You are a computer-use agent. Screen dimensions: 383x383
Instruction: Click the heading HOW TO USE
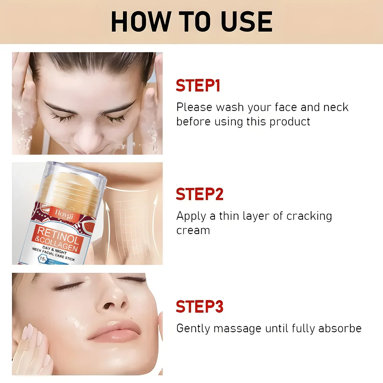pos(191,22)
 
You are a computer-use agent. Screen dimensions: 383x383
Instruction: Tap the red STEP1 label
pos(198,86)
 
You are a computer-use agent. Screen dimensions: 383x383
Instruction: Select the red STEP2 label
pos(200,194)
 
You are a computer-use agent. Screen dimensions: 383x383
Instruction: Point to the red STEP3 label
pos(200,307)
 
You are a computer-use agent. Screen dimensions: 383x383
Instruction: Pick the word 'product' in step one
pos(290,122)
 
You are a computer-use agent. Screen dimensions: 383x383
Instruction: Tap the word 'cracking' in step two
pos(309,216)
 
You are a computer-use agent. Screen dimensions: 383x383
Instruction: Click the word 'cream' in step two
pos(193,230)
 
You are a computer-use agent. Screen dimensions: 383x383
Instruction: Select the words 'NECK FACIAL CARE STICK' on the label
pos(53,254)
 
